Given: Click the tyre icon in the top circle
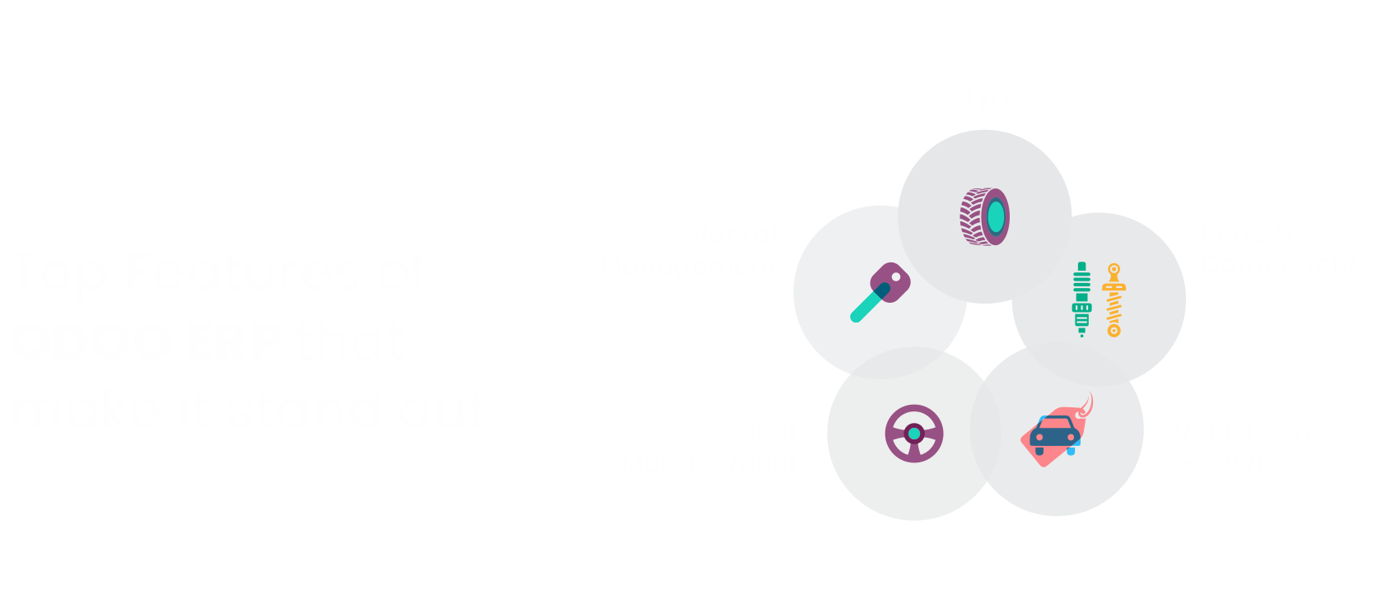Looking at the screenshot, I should point(984,217).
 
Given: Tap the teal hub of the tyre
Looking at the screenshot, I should point(996,217).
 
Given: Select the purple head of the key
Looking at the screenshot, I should point(892,281).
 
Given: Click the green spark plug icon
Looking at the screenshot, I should point(1081,299).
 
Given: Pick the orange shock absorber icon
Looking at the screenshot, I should point(1114,300).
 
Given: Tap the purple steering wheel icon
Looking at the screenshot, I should point(914,434).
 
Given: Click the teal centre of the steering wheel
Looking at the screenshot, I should point(914,434).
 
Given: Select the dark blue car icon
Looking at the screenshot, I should point(1055,434).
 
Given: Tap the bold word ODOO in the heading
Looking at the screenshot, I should point(91,341).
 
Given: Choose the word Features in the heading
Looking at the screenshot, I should point(242,272).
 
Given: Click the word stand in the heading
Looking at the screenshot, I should point(305,410).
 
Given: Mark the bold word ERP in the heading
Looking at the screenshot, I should point(236,341).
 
